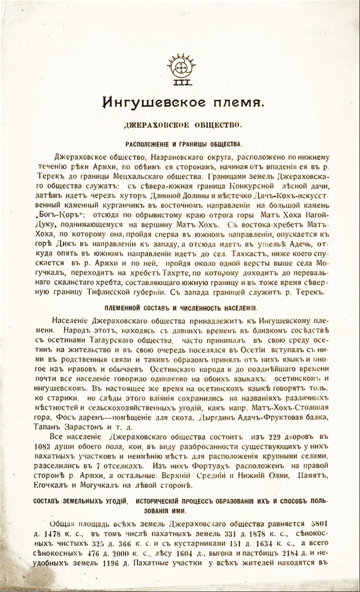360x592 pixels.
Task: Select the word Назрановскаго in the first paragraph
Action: (186, 157)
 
